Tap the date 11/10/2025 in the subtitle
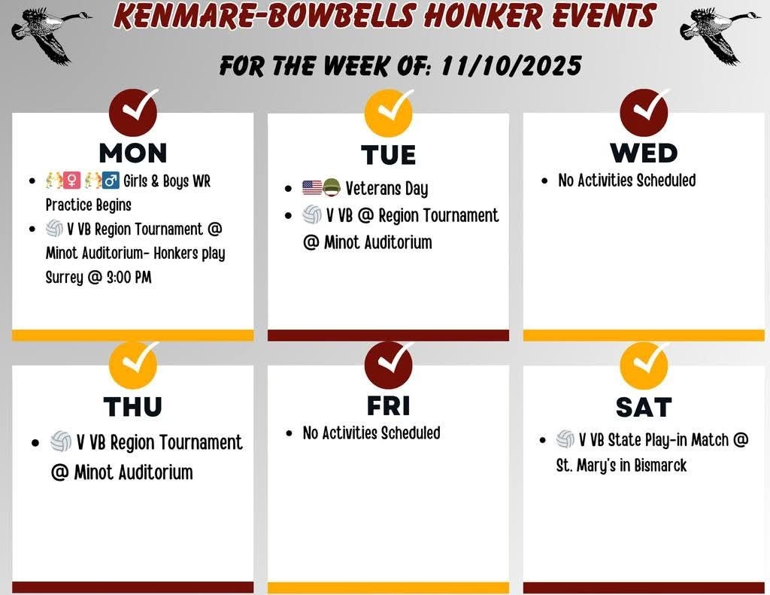511,65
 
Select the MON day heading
133,153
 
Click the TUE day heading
388,155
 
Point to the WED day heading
644,153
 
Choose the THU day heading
133,406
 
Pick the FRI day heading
388,405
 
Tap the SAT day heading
644,407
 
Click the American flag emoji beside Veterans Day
312,188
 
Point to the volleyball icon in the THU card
61,442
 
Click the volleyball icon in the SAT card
565,440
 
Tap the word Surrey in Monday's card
64,277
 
